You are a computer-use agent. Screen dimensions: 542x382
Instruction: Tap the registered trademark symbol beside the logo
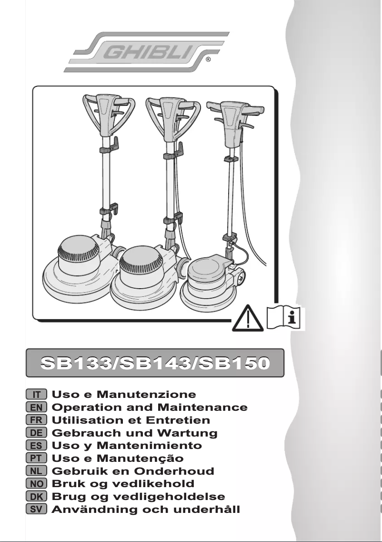click(209, 61)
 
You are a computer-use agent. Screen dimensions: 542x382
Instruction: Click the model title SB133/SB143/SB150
click(155, 363)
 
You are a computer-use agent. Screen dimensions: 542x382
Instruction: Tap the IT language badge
click(36, 395)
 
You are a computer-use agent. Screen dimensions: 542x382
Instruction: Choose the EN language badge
click(36, 407)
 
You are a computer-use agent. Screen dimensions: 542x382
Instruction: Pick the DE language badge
click(36, 433)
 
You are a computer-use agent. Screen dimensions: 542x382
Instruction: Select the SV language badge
click(36, 510)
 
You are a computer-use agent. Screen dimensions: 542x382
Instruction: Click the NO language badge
click(36, 484)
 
